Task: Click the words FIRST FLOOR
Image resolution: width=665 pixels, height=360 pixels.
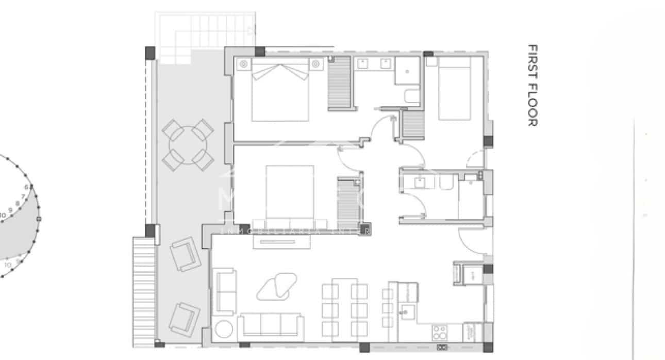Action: [x=533, y=85]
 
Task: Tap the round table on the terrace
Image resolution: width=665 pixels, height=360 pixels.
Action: [x=188, y=145]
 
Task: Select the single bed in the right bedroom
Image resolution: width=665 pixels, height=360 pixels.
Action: [x=454, y=88]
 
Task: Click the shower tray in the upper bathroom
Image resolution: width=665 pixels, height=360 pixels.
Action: [x=407, y=71]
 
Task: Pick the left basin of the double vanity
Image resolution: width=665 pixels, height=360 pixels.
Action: [x=362, y=63]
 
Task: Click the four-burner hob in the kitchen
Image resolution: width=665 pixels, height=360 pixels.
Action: [x=440, y=330]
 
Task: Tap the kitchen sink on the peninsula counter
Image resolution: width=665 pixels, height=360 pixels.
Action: [x=409, y=311]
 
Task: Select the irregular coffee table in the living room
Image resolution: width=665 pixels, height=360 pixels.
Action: [x=277, y=286]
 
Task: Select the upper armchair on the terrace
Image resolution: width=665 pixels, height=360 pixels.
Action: [x=185, y=253]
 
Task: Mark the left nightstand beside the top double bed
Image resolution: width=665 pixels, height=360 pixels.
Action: [x=243, y=64]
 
